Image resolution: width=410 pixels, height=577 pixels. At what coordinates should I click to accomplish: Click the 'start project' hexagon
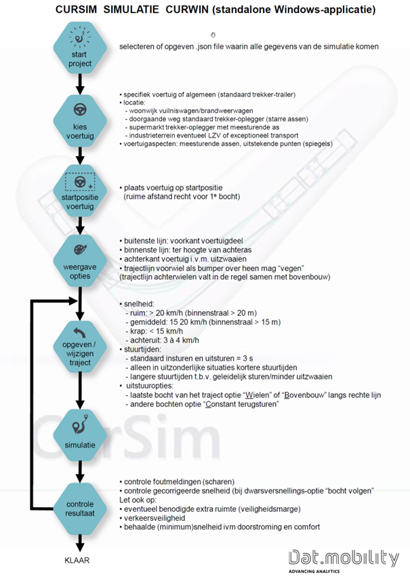[80, 46]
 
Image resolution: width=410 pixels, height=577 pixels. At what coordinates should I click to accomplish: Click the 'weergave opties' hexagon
[80, 260]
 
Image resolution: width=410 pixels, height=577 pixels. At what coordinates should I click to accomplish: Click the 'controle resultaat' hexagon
[80, 502]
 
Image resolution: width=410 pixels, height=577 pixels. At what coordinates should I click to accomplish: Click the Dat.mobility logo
[343, 557]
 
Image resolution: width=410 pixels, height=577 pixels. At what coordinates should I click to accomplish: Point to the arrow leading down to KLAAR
[80, 540]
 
